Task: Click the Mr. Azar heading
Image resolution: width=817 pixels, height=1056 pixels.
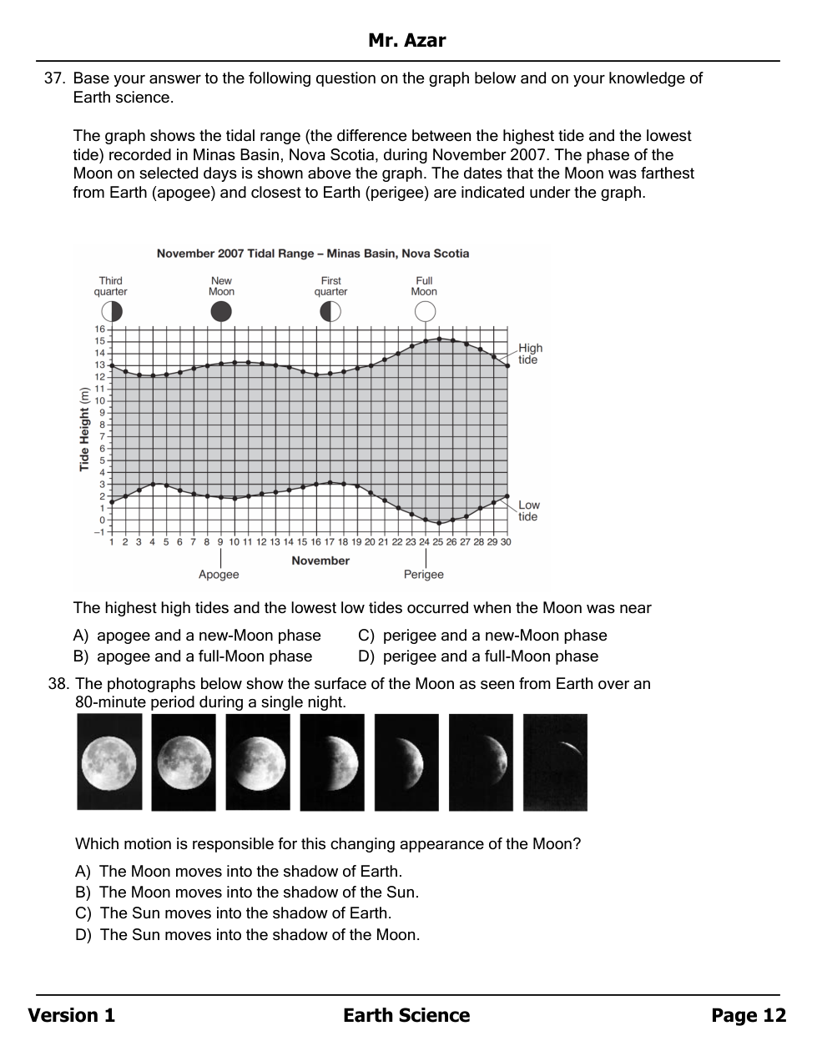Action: tap(407, 40)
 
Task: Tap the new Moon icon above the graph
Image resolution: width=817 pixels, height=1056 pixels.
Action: tap(221, 312)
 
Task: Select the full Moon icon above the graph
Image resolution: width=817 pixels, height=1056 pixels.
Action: tap(425, 312)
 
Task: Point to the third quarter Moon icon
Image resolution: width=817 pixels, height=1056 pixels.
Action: tap(112, 312)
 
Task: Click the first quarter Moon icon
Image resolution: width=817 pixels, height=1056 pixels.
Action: tap(330, 312)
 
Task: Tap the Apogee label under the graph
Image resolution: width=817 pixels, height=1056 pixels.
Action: tap(219, 575)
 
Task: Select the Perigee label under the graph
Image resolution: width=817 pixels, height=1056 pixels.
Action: tap(424, 575)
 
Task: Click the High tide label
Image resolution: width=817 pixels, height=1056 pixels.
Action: tap(530, 354)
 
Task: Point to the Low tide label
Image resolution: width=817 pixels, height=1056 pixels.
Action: tap(529, 510)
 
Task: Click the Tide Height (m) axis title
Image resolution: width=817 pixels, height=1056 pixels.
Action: tap(84, 430)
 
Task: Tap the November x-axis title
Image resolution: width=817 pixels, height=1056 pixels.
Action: tap(320, 561)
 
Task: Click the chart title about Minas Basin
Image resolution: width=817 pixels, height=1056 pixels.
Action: tap(313, 254)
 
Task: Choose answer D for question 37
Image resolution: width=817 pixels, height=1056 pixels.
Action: tap(478, 656)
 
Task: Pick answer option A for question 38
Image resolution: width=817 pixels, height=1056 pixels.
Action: tap(239, 872)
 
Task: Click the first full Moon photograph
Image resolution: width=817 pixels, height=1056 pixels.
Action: tap(109, 762)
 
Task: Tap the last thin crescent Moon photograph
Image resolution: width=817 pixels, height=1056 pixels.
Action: tap(555, 762)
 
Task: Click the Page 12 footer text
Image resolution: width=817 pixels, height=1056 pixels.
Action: tap(749, 1015)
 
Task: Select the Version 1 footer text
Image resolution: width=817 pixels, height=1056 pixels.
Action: tap(72, 1015)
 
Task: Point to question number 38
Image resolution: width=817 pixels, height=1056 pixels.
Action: tap(58, 684)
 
